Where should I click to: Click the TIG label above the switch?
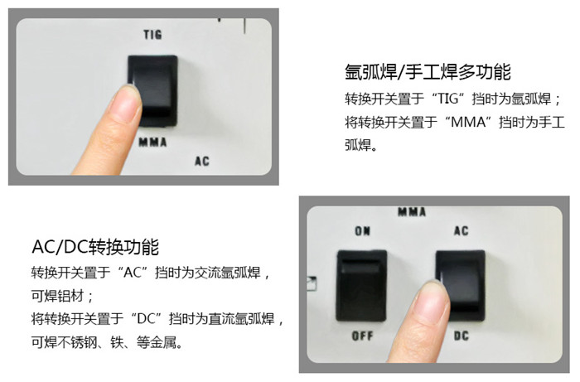152,35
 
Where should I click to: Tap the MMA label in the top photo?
152,143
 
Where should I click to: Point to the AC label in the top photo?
202,162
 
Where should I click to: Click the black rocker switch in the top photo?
152,90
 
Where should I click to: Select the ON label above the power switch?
363,231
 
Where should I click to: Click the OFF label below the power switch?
363,336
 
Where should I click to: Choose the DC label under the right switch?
462,336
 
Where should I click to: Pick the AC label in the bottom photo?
462,230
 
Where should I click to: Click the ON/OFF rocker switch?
361,286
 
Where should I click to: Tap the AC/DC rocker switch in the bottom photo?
461,286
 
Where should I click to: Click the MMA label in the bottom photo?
412,212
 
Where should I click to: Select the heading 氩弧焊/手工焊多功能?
428,72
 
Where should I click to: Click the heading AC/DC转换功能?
95,247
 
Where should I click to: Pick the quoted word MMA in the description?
468,122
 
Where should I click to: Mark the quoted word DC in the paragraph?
146,318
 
